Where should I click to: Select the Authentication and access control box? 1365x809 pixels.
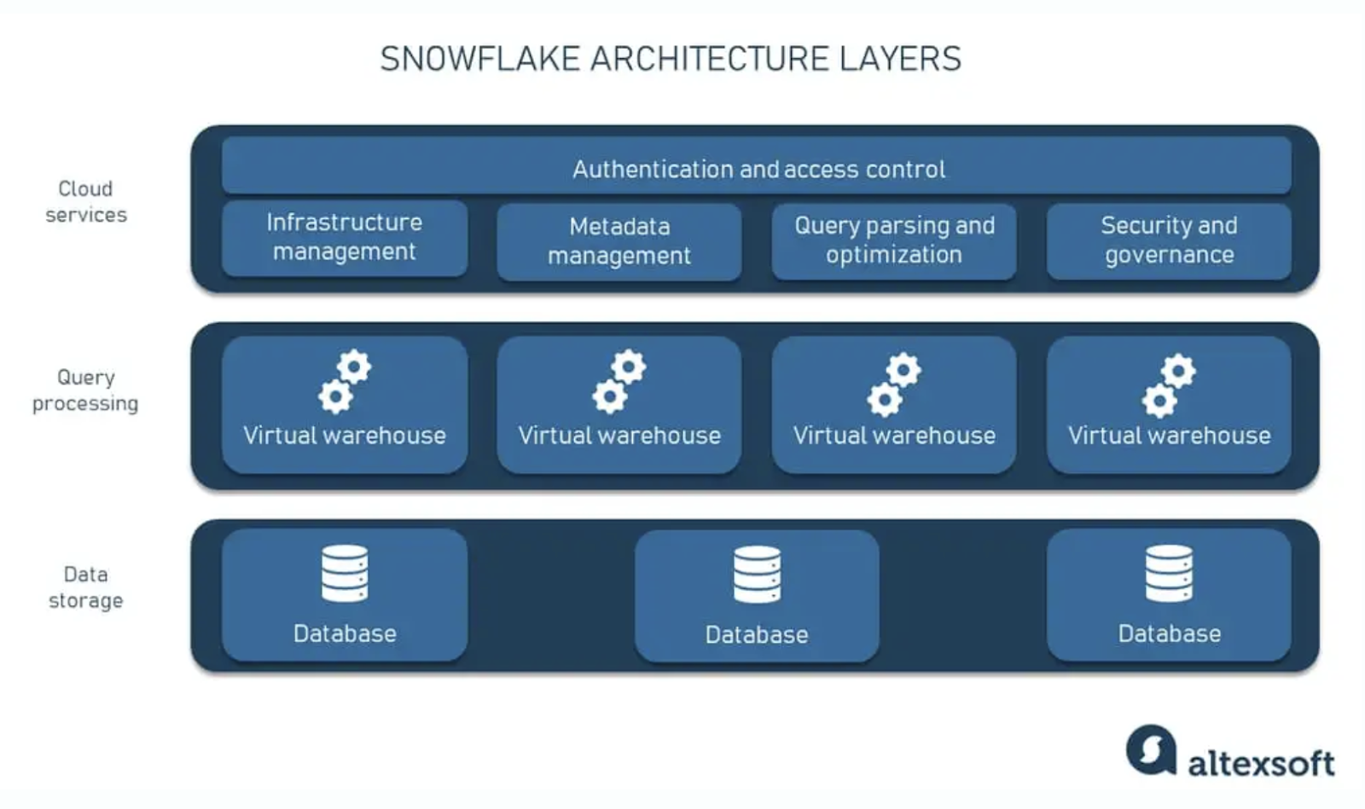(756, 165)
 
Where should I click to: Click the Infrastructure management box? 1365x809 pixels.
(345, 239)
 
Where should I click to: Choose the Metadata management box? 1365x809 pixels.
(619, 241)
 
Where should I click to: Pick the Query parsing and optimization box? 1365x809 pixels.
(894, 241)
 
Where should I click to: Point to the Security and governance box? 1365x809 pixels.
(1169, 241)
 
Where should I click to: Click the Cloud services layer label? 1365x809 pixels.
(86, 201)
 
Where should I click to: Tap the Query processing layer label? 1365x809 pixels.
(85, 390)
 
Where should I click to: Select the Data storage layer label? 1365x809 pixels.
(86, 587)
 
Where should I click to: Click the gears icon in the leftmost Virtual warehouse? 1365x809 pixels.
(345, 382)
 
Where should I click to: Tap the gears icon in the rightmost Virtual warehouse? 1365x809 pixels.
(1169, 384)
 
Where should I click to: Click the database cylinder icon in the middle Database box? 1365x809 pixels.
(757, 574)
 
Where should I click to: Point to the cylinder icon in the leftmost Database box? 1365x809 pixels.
(345, 573)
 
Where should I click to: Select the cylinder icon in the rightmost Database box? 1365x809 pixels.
(1169, 573)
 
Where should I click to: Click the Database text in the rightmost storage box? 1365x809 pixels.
(1170, 633)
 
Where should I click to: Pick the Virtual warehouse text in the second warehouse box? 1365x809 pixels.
(619, 436)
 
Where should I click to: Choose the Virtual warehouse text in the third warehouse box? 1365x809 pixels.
(894, 436)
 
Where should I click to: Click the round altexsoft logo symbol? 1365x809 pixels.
(1151, 749)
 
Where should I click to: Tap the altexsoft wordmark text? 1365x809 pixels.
(1262, 763)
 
